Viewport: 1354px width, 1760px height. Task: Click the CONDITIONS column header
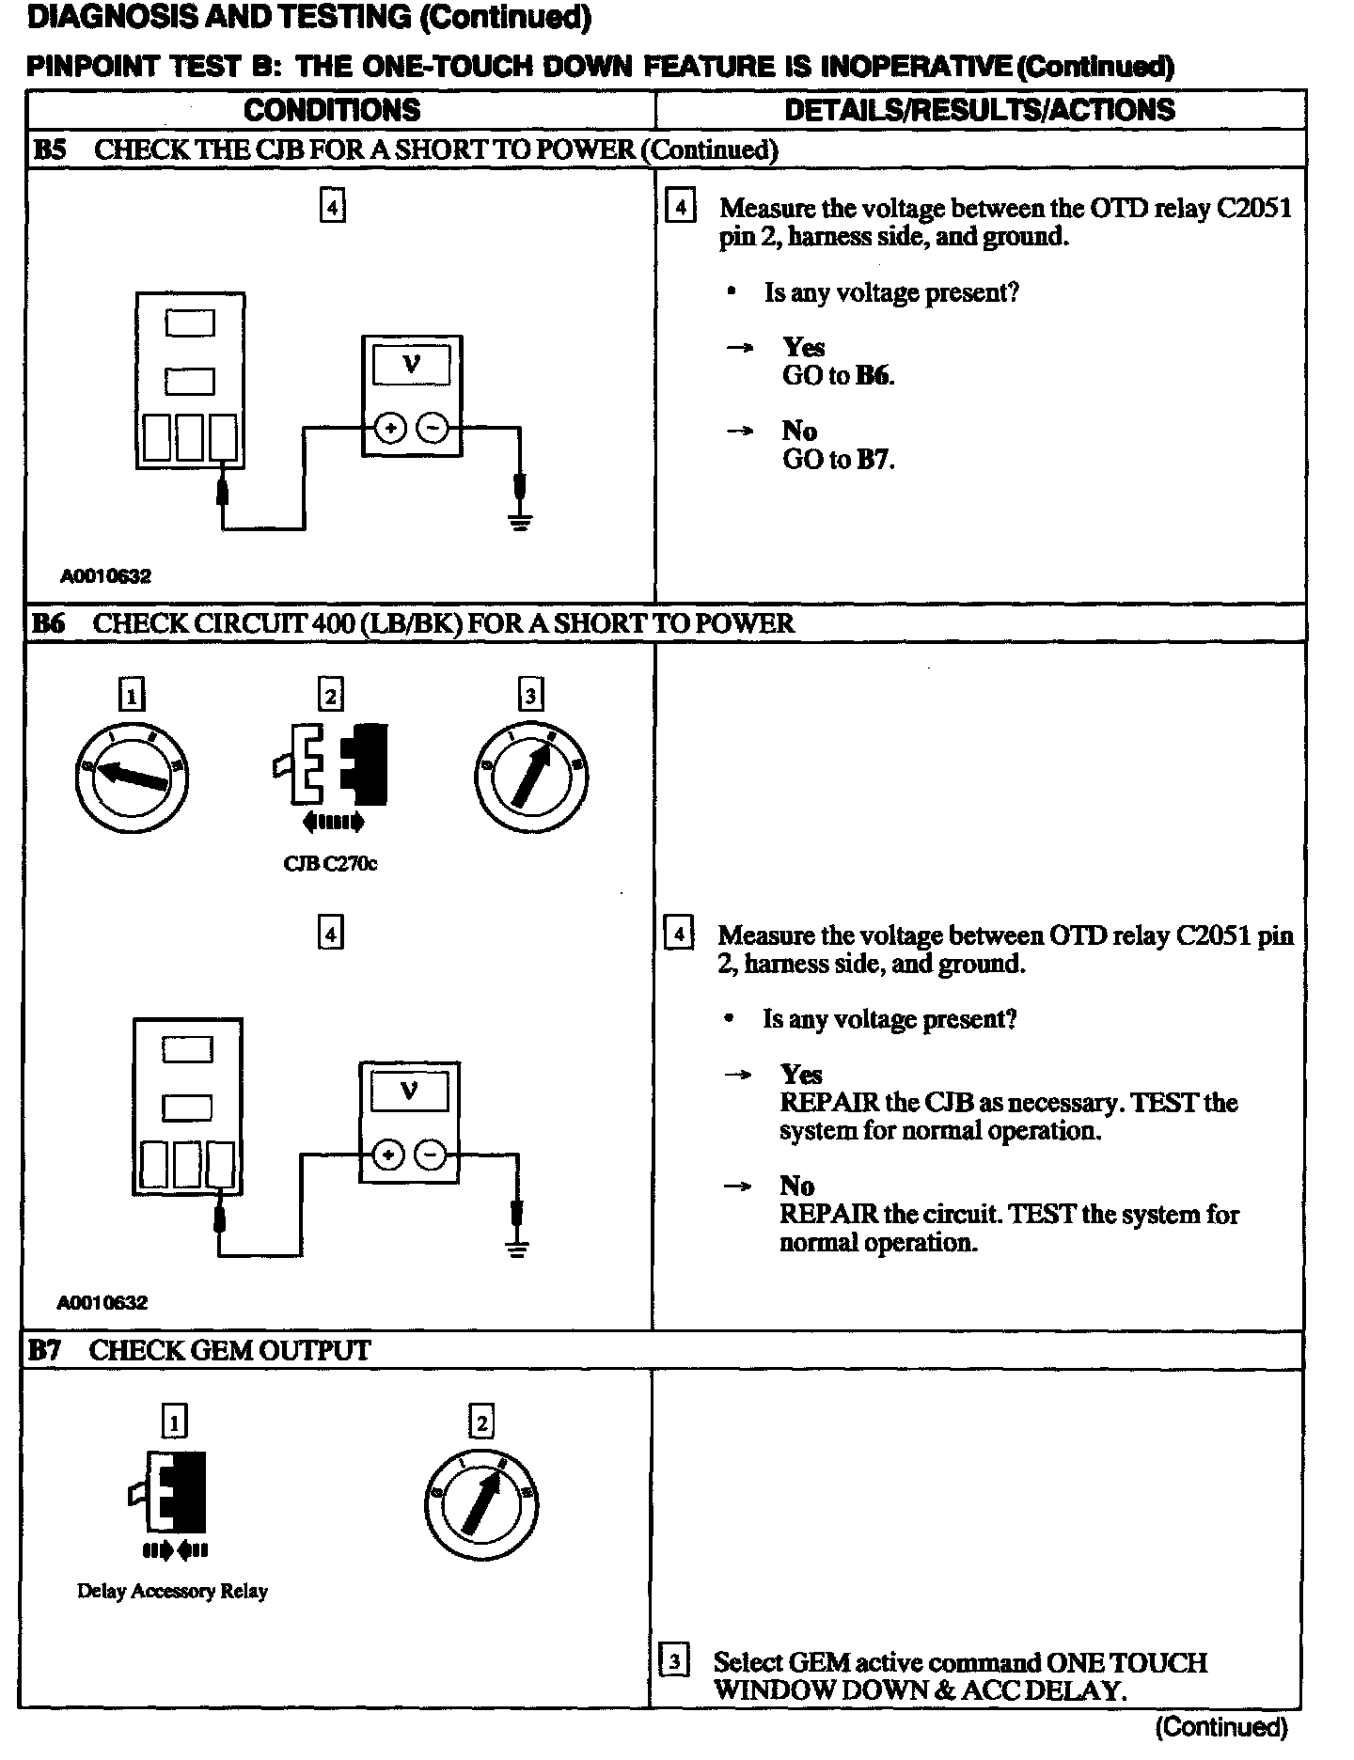coord(332,110)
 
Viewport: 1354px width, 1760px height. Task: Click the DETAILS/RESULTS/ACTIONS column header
coord(979,110)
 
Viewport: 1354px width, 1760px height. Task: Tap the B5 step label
coord(50,149)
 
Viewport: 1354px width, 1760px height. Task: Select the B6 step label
coord(49,622)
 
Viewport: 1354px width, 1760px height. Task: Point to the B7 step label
coord(45,1350)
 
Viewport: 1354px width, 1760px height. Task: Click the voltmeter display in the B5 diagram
coord(411,365)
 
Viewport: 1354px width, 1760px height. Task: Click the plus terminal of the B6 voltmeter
coord(388,1155)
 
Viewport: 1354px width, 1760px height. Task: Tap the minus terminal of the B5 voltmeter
coord(433,429)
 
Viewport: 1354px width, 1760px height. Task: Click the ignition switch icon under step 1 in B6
coord(132,776)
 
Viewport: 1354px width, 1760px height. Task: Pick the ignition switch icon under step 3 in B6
coord(531,777)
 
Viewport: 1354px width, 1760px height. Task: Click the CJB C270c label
coord(330,863)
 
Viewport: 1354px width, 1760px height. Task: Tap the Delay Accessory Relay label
coord(173,1591)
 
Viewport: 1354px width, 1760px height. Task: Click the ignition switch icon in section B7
coord(481,1501)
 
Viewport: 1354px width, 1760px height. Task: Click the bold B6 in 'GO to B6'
coord(874,376)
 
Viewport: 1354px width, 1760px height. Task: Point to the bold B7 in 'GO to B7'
coord(874,460)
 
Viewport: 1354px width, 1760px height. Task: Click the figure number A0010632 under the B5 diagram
coord(106,575)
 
